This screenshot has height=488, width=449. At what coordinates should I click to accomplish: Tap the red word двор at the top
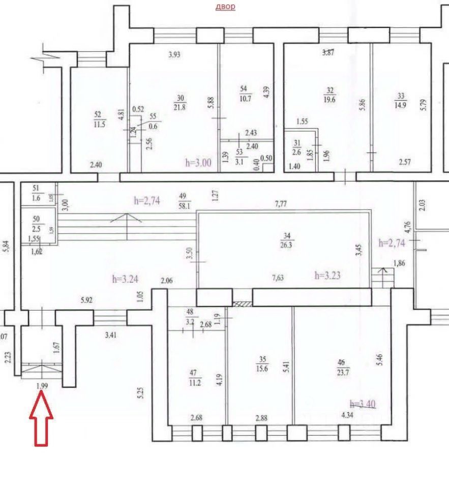coord(225,7)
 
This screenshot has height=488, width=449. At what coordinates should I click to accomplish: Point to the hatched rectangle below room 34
coord(243,303)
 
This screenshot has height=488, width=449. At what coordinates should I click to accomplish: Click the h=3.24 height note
coord(125,279)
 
